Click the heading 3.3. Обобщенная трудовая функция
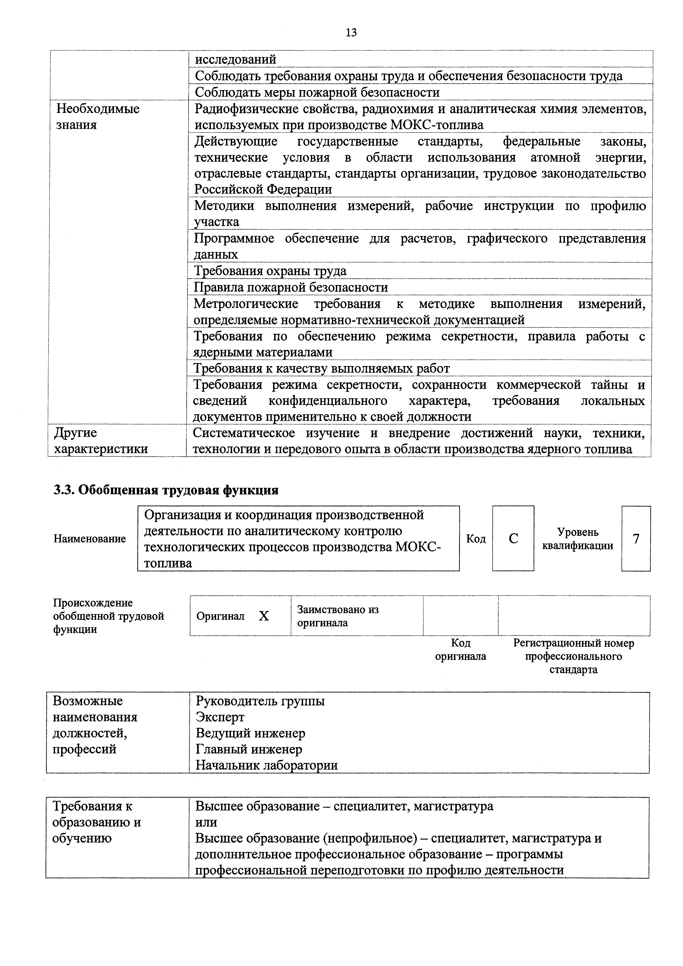point(166,490)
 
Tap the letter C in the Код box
point(513,539)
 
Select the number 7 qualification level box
point(636,539)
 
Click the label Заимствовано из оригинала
point(338,616)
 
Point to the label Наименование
point(89,539)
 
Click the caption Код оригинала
point(461,650)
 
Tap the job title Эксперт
point(220,716)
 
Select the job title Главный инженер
point(249,749)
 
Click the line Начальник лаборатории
point(267,765)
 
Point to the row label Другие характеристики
point(101,440)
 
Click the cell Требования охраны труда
point(270,271)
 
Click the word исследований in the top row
point(236,59)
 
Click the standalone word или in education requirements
point(206,822)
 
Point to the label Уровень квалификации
point(578,539)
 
